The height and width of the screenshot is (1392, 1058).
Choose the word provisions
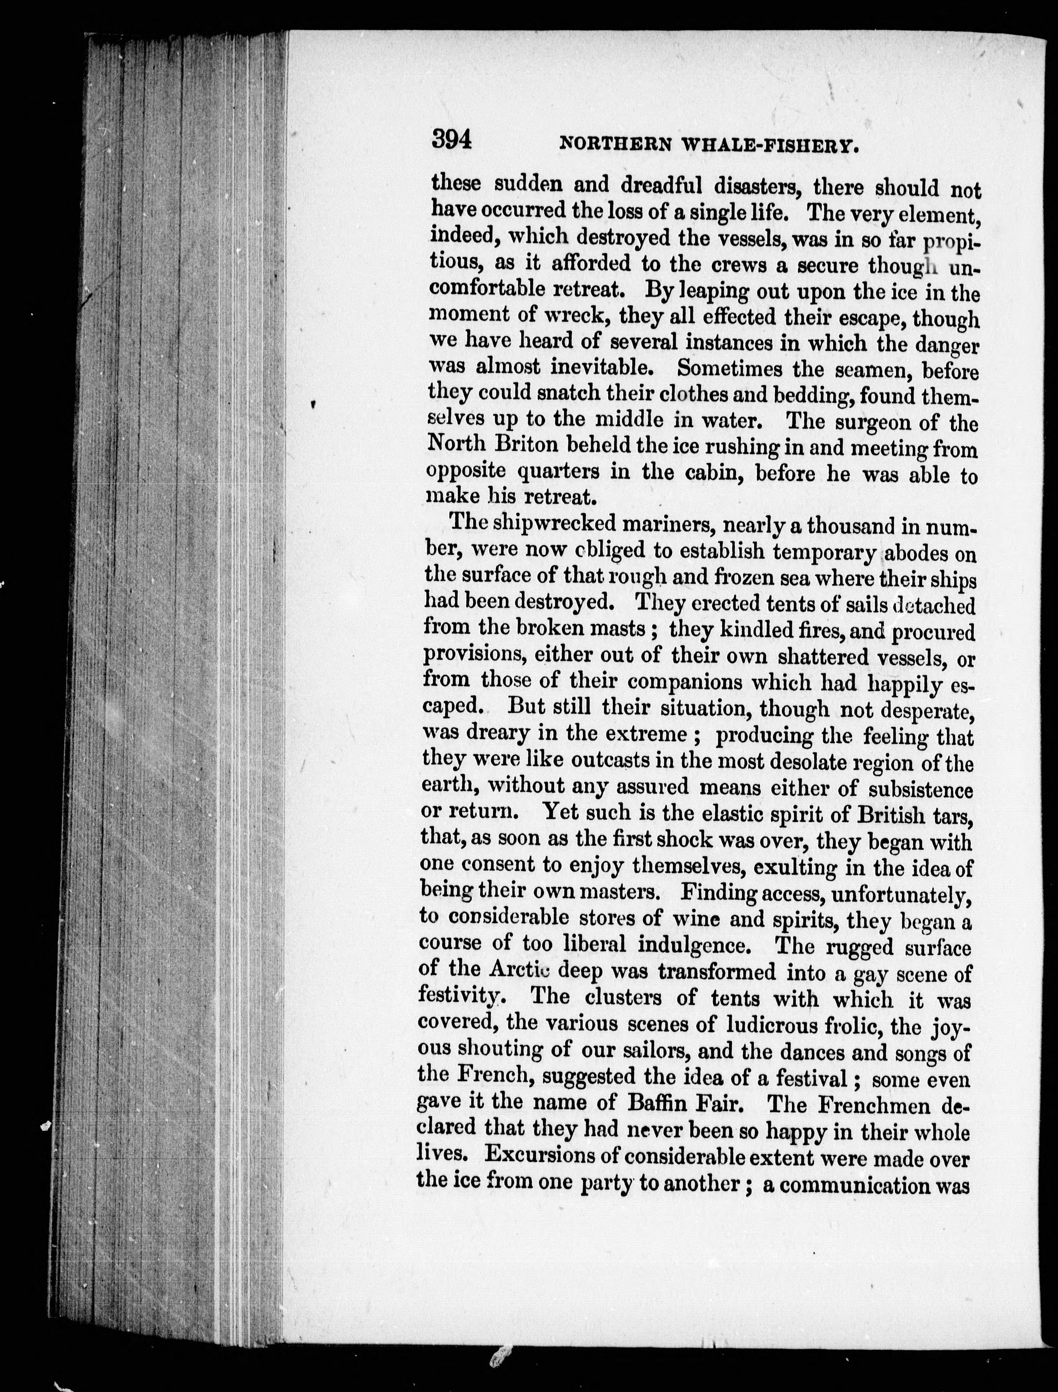coord(474,655)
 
